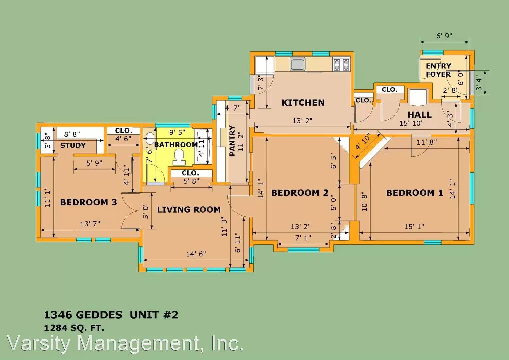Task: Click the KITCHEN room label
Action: (303, 103)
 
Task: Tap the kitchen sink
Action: (297, 64)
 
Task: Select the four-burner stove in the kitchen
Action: (341, 65)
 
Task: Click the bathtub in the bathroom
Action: (203, 146)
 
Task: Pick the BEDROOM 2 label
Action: (300, 193)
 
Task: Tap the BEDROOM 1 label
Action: (415, 193)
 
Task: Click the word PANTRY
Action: (232, 141)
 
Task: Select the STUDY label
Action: (73, 145)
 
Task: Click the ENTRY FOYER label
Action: (438, 70)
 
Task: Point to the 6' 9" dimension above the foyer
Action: (444, 36)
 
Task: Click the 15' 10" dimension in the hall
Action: (412, 123)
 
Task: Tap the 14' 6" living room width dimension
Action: (196, 254)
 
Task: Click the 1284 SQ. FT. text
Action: (74, 328)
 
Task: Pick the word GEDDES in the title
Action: (99, 315)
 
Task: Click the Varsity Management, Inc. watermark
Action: (125, 343)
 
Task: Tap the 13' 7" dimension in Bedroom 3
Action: (90, 224)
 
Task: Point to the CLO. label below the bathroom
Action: (190, 173)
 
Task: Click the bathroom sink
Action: (150, 138)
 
